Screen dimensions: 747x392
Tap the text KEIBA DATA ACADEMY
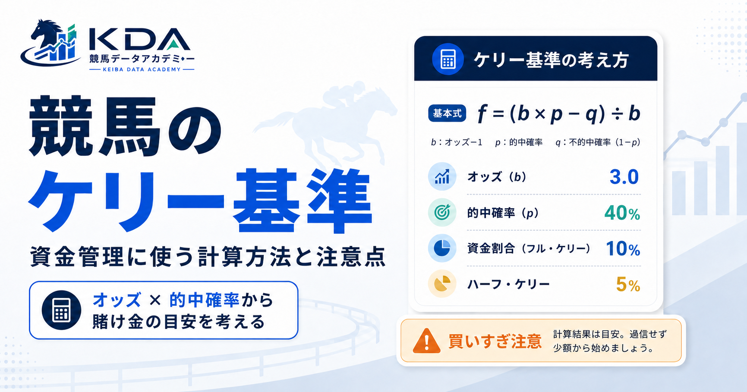[142, 69]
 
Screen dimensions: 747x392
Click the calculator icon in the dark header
[448, 59]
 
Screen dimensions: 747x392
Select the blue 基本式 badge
[447, 113]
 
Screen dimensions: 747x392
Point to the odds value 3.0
[624, 177]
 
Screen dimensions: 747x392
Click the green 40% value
[622, 213]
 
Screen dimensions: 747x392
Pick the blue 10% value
[623, 249]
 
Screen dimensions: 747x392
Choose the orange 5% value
[628, 285]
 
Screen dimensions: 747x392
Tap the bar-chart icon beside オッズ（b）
[442, 176]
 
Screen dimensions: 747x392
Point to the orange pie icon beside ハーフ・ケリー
[442, 284]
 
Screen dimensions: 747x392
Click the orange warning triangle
[426, 341]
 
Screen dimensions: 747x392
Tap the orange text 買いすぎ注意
[495, 341]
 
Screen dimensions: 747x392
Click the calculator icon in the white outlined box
[61, 310]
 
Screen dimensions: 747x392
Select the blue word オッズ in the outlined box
[117, 300]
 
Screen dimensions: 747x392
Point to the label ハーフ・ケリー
[508, 284]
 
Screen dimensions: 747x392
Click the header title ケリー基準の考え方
[551, 60]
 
